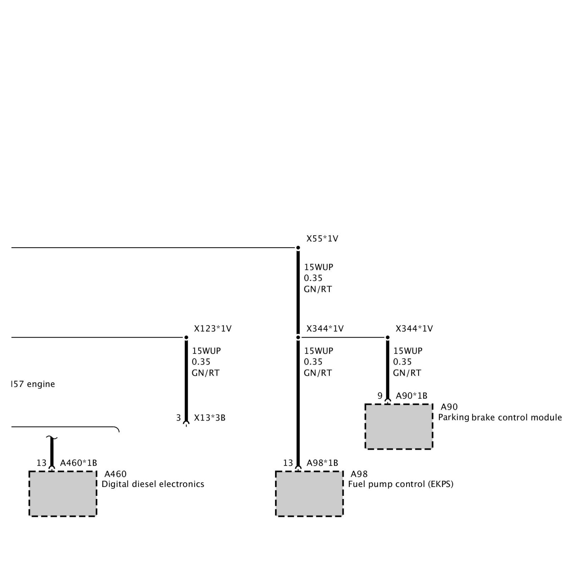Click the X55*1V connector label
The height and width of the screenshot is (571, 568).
pyautogui.click(x=322, y=239)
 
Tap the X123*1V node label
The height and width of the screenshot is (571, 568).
pyautogui.click(x=213, y=329)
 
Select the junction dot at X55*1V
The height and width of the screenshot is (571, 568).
pyautogui.click(x=298, y=248)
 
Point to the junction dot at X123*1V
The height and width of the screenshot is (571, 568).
pyautogui.click(x=186, y=338)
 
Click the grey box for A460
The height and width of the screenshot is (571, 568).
pyautogui.click(x=62, y=493)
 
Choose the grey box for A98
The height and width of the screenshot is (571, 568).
pyautogui.click(x=309, y=493)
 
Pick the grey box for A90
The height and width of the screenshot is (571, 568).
pyautogui.click(x=399, y=426)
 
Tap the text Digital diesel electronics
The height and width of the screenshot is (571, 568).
pyautogui.click(x=153, y=484)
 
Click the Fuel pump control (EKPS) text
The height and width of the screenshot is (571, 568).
pyautogui.click(x=401, y=484)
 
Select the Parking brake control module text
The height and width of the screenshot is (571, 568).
pyautogui.click(x=500, y=417)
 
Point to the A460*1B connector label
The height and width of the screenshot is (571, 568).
pyautogui.click(x=78, y=463)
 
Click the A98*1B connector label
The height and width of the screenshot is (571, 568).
pyautogui.click(x=322, y=463)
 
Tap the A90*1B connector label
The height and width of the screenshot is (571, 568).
pyautogui.click(x=411, y=396)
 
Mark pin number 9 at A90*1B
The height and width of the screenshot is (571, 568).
pyautogui.click(x=380, y=396)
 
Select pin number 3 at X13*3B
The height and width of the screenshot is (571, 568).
pyautogui.click(x=179, y=418)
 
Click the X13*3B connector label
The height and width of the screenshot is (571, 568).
pyautogui.click(x=209, y=418)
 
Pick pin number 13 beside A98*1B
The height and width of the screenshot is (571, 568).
pyautogui.click(x=288, y=463)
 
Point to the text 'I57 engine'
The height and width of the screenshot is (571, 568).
pyautogui.click(x=33, y=384)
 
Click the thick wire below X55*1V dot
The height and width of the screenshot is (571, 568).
pyautogui.click(x=298, y=291)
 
